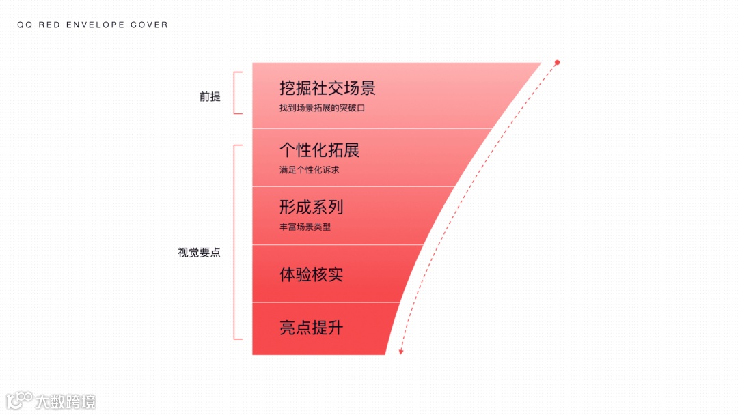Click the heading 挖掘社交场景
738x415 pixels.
coord(327,88)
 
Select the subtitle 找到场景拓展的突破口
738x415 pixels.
coord(322,108)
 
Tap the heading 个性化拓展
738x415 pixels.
coord(319,149)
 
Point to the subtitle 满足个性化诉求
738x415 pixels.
coord(309,169)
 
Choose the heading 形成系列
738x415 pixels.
coord(311,207)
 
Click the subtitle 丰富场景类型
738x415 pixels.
coord(305,227)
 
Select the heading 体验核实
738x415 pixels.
coord(311,274)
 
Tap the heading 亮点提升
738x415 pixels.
coord(311,328)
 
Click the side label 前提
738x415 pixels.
coord(210,96)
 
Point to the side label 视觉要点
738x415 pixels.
coord(199,252)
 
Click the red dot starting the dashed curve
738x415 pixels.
coord(557,63)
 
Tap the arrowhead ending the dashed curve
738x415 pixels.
coord(401,352)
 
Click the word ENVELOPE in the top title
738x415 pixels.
coord(94,25)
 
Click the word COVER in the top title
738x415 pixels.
coord(150,25)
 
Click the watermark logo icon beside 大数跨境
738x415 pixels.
coord(20,401)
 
